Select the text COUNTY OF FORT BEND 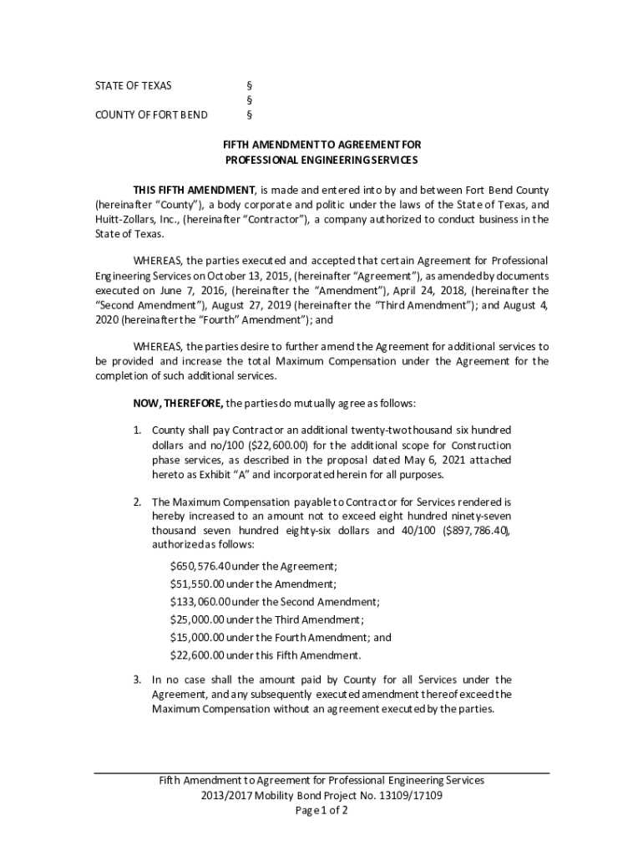coord(150,115)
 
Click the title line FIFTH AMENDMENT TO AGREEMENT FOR coord(321,145)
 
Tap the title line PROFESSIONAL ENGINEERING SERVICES coord(321,159)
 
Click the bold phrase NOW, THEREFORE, coord(178,403)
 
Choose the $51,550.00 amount coord(196,584)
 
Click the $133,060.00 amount coord(200,602)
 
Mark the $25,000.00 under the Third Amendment coord(196,619)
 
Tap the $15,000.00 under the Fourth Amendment coord(196,637)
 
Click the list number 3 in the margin coord(137,680)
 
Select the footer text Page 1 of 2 coord(321,811)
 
